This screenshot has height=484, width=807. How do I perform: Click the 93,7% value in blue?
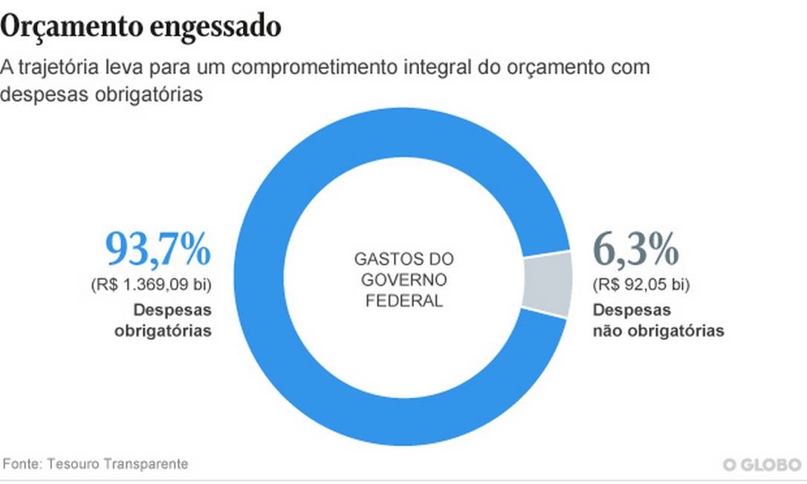click(158, 249)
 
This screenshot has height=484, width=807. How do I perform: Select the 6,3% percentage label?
click(635, 249)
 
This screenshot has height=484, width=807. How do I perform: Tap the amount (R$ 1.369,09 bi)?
click(152, 284)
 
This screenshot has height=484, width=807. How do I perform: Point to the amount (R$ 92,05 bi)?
click(641, 284)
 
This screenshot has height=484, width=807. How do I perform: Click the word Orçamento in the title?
click(71, 27)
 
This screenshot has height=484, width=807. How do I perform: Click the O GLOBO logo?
click(762, 465)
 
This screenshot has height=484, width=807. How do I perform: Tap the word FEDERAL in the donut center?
click(403, 301)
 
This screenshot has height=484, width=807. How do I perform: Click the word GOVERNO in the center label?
click(403, 281)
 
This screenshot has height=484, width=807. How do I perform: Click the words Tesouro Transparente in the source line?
click(117, 464)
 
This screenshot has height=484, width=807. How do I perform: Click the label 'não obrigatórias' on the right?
click(658, 331)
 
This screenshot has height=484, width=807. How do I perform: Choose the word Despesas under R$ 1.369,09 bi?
click(172, 310)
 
